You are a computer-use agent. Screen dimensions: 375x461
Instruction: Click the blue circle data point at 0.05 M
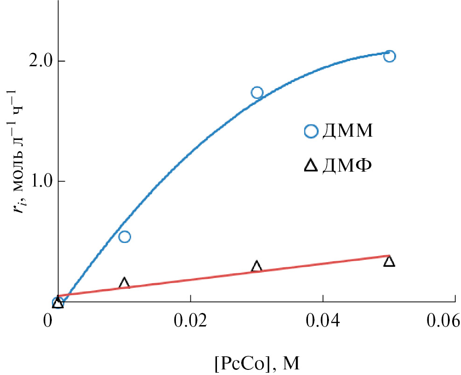tap(390, 56)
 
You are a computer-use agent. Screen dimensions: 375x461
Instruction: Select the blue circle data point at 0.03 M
tap(257, 93)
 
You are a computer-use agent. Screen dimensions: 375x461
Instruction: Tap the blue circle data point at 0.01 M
tap(125, 237)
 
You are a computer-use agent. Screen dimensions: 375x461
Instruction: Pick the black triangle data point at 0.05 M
tap(389, 261)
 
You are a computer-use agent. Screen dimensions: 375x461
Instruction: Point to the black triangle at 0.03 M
tap(257, 266)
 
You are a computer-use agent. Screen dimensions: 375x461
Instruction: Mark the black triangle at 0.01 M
tap(124, 283)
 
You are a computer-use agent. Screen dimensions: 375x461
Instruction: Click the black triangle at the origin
tap(58, 303)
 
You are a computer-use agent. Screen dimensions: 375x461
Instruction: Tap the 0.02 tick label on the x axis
tap(190, 321)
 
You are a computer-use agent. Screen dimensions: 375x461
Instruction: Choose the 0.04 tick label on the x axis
tap(322, 321)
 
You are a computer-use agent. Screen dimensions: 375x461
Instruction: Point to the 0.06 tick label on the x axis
tap(443, 321)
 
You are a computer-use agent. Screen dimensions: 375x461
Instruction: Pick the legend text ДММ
tap(347, 132)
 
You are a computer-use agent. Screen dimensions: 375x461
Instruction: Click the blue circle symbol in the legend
tap(311, 132)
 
